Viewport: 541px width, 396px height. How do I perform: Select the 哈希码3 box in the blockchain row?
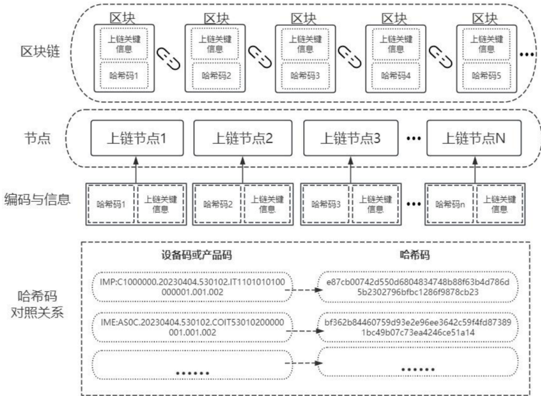pyautogui.click(x=304, y=75)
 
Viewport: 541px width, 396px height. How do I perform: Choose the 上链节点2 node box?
pyautogui.click(x=242, y=140)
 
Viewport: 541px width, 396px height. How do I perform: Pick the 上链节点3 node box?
pyautogui.click(x=350, y=140)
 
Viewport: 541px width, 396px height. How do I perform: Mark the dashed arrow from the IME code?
pyautogui.click(x=301, y=325)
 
